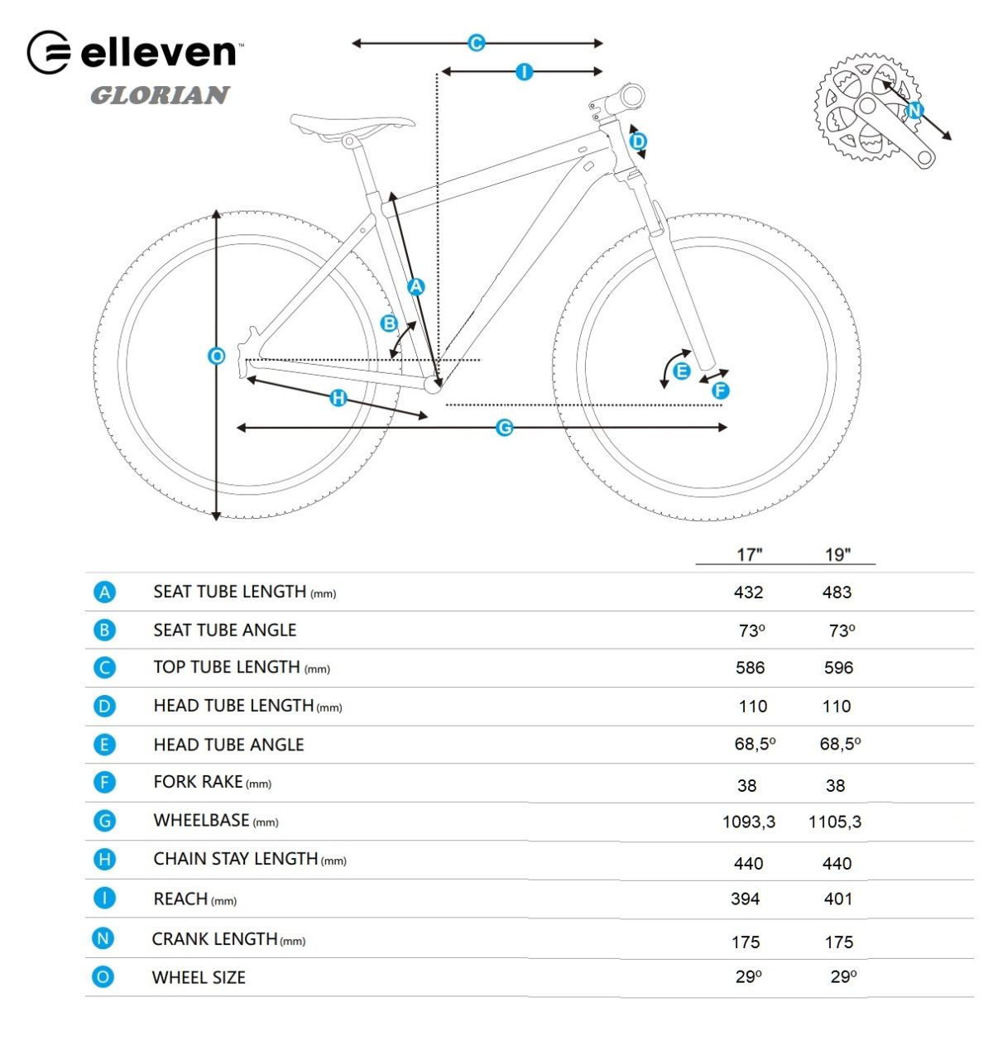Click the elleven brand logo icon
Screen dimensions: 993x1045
tap(49, 52)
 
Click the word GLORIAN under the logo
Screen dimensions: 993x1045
tap(160, 95)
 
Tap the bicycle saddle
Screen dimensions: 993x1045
tap(352, 124)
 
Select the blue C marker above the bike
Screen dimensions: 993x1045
tap(477, 42)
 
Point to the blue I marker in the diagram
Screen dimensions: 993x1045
tap(524, 71)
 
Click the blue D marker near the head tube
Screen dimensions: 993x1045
tap(638, 141)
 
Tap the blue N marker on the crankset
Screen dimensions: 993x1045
tap(914, 110)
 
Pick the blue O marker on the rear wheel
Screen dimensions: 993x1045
tap(216, 356)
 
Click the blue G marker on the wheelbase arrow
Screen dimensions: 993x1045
tap(504, 427)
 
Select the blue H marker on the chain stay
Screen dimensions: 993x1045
tap(338, 397)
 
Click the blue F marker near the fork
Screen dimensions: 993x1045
tap(720, 391)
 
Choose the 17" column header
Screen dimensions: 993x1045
tap(749, 554)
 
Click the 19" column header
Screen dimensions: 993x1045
tap(837, 554)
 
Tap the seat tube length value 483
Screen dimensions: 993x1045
tap(837, 592)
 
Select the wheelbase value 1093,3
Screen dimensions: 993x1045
tap(748, 822)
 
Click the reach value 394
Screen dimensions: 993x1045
tap(745, 899)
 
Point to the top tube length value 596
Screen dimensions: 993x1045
tap(838, 668)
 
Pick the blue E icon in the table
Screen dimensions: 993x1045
tap(104, 744)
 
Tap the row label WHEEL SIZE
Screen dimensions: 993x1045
tap(199, 977)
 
